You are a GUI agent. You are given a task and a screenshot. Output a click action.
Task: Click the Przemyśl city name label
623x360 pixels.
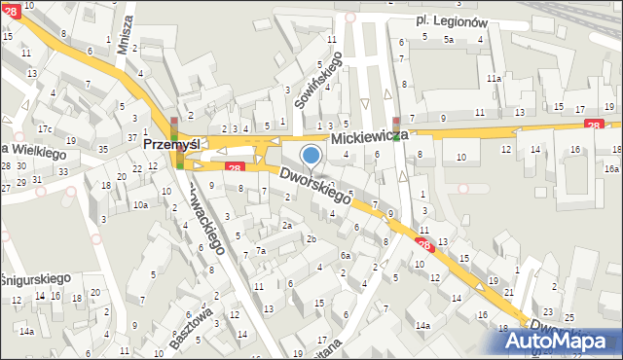171,143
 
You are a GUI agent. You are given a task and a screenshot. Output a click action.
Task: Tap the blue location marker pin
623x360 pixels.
311,155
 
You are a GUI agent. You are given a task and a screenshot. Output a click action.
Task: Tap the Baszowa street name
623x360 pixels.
190,329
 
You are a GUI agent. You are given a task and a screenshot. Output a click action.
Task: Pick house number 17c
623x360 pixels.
45,128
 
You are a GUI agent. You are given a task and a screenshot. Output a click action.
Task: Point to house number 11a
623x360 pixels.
495,78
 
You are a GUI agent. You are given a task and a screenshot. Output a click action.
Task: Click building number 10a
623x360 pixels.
141,204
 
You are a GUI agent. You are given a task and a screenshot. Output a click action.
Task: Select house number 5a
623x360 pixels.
449,40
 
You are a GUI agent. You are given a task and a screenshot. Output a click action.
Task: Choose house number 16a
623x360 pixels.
611,168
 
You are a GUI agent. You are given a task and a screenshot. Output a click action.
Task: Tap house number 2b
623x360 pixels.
311,238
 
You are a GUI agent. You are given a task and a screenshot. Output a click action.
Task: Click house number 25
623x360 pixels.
568,318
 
